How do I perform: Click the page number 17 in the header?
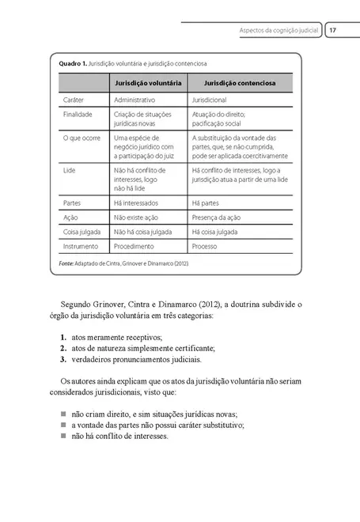click(x=333, y=30)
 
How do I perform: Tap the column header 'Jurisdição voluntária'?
click(x=149, y=83)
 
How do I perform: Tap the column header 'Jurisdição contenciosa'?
click(x=241, y=83)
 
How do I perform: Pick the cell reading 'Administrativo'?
click(x=135, y=100)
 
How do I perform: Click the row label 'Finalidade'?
click(x=78, y=114)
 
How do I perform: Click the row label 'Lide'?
click(x=69, y=169)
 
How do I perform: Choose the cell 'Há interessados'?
click(x=138, y=202)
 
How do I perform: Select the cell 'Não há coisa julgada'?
click(x=143, y=232)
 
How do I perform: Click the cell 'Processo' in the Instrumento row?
click(x=204, y=246)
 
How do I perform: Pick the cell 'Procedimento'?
click(x=135, y=246)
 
